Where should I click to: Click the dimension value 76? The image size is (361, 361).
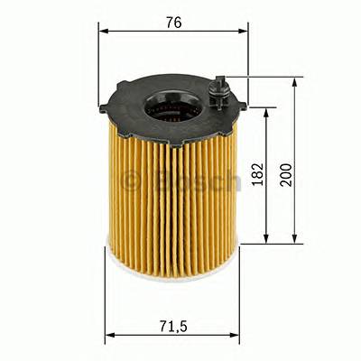point(173,22)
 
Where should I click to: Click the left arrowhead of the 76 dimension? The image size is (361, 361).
point(103,31)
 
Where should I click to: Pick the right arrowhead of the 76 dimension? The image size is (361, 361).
point(243,31)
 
